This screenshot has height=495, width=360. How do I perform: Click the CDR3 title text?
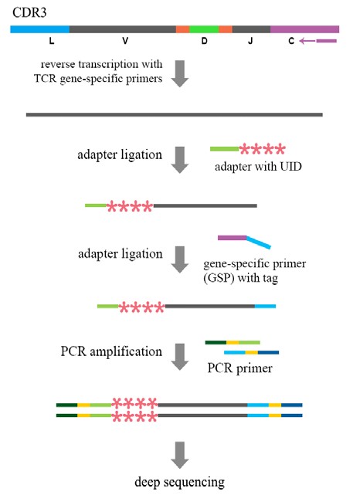pyautogui.click(x=29, y=12)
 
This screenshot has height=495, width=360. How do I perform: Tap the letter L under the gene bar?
pyautogui.click(x=52, y=41)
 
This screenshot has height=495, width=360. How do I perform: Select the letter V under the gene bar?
pyautogui.click(x=125, y=41)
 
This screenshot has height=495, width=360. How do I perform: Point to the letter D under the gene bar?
pyautogui.click(x=204, y=41)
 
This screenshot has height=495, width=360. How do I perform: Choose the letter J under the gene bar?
pyautogui.click(x=250, y=41)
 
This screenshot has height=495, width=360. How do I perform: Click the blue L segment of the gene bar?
pyautogui.click(x=40, y=29)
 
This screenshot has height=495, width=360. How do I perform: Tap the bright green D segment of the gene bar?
pyautogui.click(x=204, y=29)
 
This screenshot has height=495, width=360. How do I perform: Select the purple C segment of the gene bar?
pyautogui.click(x=304, y=29)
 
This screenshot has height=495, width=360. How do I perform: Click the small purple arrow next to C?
pyautogui.click(x=318, y=41)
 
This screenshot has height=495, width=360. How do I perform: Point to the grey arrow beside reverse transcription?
pyautogui.click(x=180, y=73)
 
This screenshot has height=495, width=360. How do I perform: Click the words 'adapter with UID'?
pyautogui.click(x=258, y=166)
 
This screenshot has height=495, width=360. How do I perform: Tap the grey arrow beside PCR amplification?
pyautogui.click(x=180, y=357)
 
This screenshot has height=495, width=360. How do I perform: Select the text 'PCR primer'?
pyautogui.click(x=239, y=368)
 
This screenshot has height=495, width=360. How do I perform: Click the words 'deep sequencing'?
pyautogui.click(x=180, y=482)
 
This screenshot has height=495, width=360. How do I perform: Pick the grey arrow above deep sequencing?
pyautogui.click(x=180, y=455)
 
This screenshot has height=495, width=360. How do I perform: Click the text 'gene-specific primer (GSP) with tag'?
pyautogui.click(x=254, y=270)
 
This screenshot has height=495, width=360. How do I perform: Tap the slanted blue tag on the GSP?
pyautogui.click(x=259, y=242)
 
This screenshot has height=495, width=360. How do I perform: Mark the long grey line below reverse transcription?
pyautogui.click(x=175, y=114)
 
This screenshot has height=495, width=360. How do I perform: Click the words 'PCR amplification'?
pyautogui.click(x=111, y=351)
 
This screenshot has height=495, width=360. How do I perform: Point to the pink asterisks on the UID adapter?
pyautogui.click(x=263, y=149)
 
